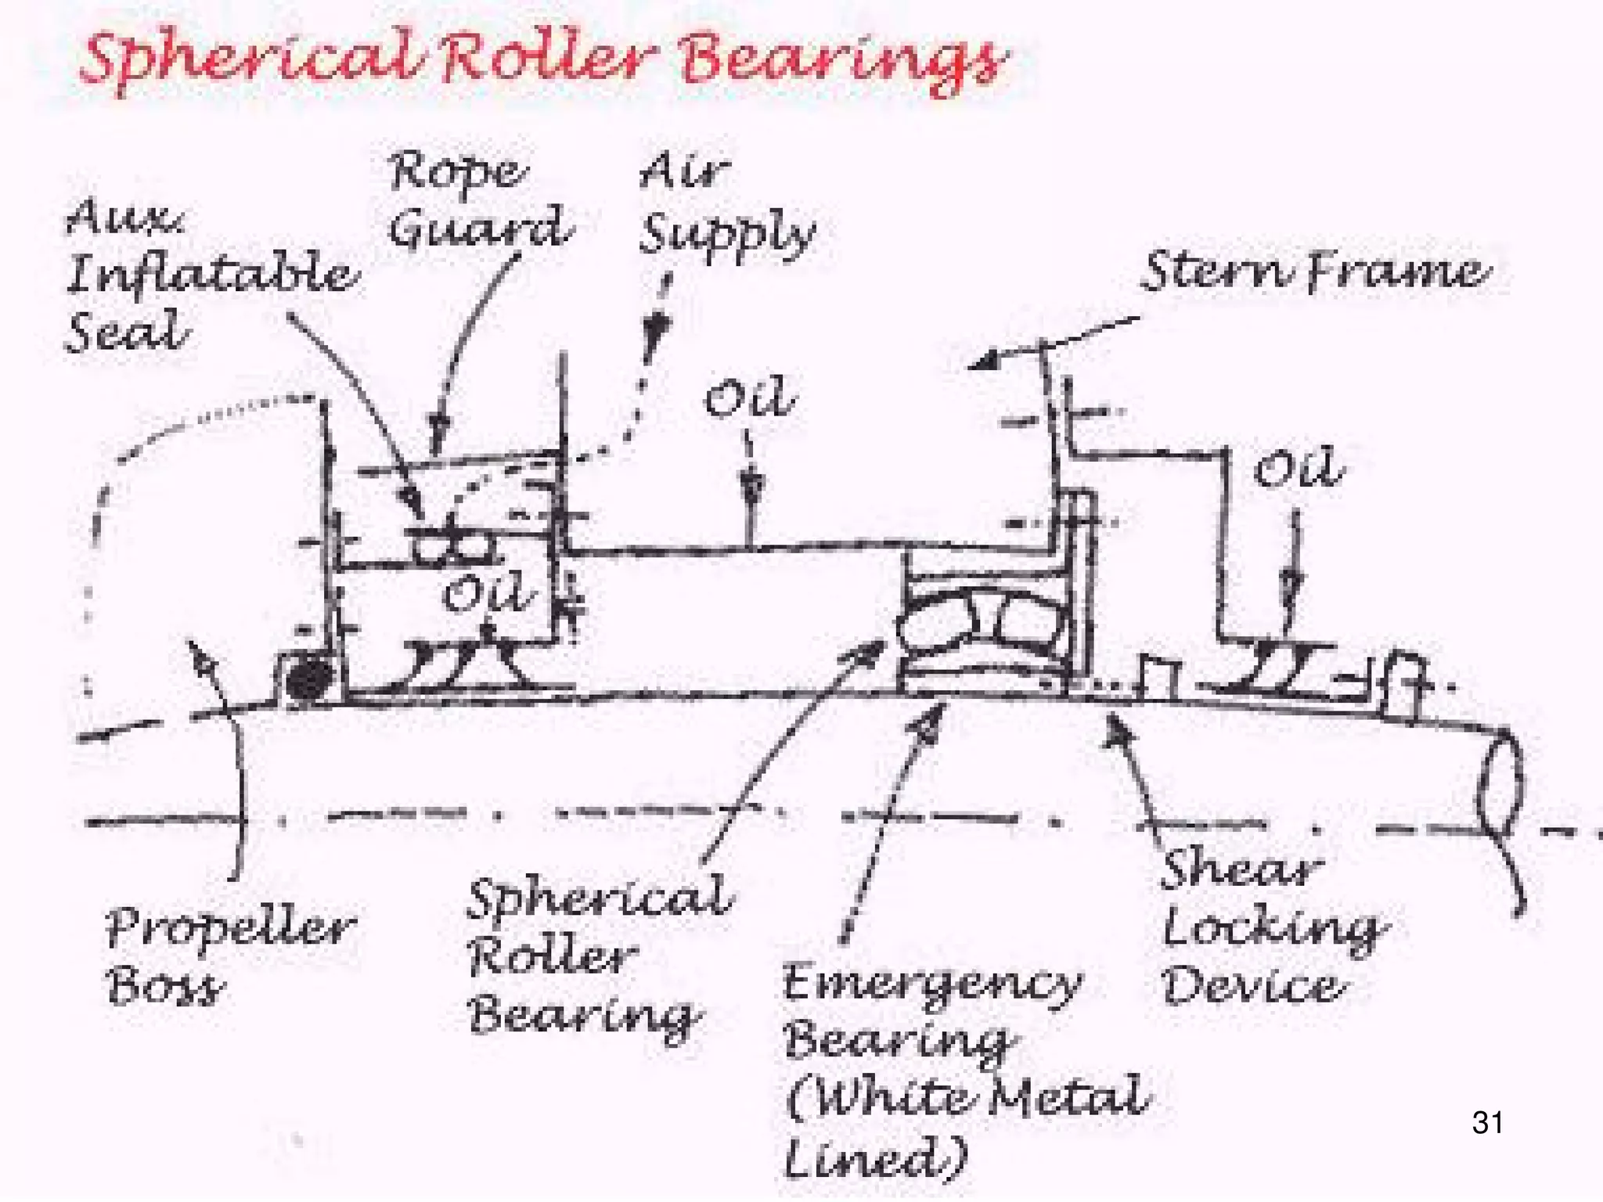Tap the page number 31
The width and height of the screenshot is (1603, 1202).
click(1487, 1122)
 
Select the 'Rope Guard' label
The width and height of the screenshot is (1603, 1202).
click(479, 200)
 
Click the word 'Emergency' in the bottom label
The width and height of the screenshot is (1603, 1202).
click(931, 984)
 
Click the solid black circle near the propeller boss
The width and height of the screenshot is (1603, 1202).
click(308, 679)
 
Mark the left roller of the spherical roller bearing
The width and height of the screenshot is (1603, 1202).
click(936, 624)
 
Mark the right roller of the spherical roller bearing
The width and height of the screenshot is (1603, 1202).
click(1028, 622)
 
